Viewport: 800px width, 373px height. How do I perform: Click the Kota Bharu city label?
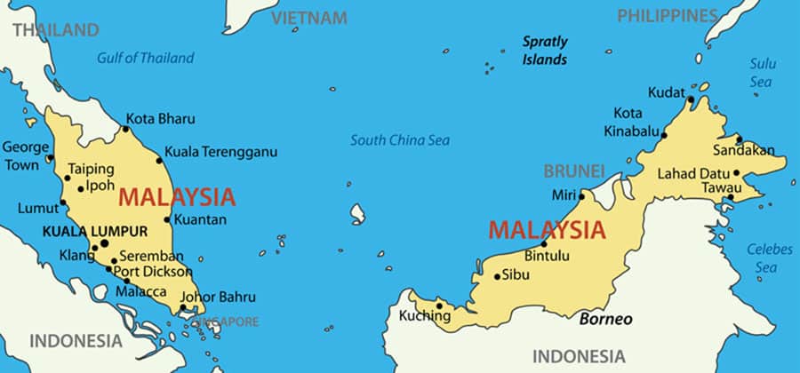pos(161,118)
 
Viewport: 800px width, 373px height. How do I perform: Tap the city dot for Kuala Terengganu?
pos(159,160)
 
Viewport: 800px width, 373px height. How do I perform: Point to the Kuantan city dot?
pos(167,219)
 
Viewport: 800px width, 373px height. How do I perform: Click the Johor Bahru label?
pos(218,297)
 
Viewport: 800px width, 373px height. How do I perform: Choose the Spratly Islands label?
pos(544,51)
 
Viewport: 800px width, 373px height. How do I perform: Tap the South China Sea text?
pos(399,140)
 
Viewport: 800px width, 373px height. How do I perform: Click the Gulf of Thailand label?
pos(145,59)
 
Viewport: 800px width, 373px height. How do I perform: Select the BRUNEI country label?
pos(574,171)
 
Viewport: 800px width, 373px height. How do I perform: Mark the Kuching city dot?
pos(440,305)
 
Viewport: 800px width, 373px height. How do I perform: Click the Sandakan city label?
pos(743,151)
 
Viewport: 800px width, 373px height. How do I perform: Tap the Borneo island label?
pos(606,318)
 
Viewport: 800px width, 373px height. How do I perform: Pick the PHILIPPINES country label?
pos(667,15)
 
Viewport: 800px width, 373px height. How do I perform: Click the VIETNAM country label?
pos(308,18)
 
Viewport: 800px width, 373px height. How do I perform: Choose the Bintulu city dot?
pos(544,244)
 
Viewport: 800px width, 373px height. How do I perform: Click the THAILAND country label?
pos(55,30)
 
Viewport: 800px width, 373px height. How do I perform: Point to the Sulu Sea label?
pos(762,72)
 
